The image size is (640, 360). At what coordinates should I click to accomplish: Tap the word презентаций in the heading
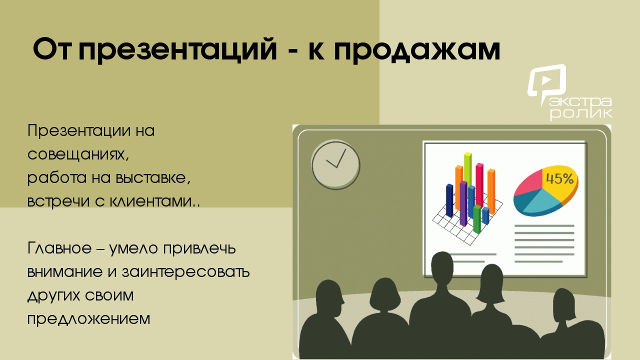point(177,49)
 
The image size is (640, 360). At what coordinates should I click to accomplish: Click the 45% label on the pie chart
point(559,179)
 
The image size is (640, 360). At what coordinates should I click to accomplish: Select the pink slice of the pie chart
point(529,183)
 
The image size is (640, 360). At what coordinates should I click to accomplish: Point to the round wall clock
point(335,164)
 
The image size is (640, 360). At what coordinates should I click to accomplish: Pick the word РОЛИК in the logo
point(581,113)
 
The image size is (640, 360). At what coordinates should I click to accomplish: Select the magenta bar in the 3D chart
point(479,185)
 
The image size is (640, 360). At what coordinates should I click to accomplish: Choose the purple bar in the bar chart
point(463,203)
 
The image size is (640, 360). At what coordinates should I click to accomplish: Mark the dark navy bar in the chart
point(449,200)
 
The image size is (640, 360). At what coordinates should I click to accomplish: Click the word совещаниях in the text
point(78,154)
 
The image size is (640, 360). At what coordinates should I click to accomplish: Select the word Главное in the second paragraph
point(59,248)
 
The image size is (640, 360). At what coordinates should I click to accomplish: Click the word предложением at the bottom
point(88,319)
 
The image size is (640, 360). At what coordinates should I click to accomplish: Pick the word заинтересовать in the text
point(185,271)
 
